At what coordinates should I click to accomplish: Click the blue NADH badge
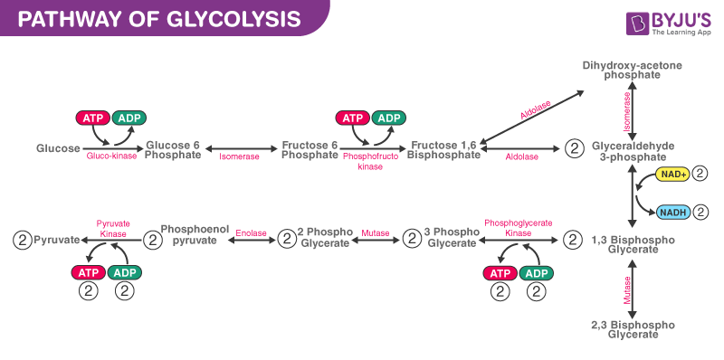point(672,212)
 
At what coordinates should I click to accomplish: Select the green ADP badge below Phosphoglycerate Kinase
point(538,273)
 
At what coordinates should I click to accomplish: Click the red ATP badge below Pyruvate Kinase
point(88,273)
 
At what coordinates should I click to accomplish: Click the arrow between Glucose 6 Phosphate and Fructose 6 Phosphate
point(240,147)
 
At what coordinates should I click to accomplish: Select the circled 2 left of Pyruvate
point(22,240)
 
